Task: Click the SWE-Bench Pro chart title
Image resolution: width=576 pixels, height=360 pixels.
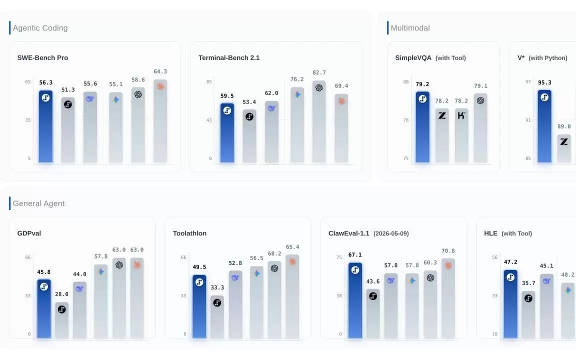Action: tap(42, 57)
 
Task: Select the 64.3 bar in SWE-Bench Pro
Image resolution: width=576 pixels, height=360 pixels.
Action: tap(160, 121)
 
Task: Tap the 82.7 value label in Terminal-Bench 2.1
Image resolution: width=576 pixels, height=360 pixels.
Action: tap(319, 72)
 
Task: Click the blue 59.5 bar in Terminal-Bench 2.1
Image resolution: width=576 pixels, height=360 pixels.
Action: tap(227, 132)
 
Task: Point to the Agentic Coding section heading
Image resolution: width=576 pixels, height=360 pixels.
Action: tap(40, 28)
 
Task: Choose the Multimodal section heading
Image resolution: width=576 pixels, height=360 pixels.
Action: tap(410, 28)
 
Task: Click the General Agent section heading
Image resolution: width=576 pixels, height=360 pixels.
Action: tap(38, 203)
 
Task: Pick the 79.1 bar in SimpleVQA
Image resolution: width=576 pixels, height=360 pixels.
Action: tap(480, 128)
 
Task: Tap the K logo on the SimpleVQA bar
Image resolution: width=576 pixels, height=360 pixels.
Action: tap(461, 115)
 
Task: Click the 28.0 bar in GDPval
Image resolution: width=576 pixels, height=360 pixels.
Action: tap(61, 320)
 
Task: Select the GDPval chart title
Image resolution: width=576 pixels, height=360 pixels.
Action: tap(29, 233)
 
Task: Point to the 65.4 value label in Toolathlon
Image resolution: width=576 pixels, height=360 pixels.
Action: tap(292, 247)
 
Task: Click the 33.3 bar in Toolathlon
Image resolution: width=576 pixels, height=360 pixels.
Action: tap(217, 316)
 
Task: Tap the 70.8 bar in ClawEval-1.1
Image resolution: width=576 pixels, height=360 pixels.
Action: tap(448, 298)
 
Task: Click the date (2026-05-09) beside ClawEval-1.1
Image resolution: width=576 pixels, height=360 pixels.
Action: tap(391, 233)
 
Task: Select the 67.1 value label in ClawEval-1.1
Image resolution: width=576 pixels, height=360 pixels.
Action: tap(355, 254)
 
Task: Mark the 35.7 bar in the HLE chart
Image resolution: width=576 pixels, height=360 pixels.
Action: tap(528, 314)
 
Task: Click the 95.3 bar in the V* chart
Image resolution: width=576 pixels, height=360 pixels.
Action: tap(544, 126)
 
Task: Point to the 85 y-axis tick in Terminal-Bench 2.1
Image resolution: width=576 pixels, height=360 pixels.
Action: tap(209, 81)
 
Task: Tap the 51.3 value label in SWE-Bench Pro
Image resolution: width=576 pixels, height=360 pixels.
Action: tap(68, 89)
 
